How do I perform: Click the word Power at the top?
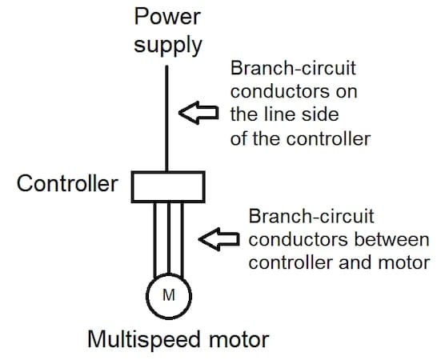167,15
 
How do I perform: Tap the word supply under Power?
167,43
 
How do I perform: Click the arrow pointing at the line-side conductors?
197,114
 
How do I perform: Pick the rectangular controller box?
167,186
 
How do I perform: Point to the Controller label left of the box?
67,184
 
